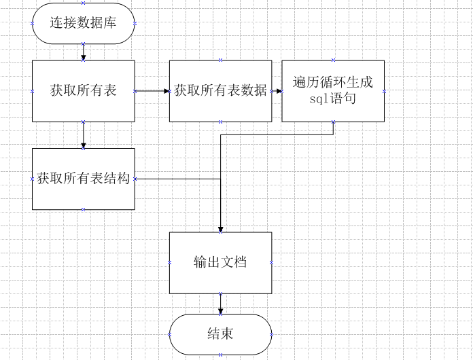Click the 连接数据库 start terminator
[83, 23]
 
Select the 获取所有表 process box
[83, 91]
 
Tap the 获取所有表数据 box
[220, 91]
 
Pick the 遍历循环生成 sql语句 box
[333, 91]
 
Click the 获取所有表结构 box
[83, 179]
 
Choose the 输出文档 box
[220, 263]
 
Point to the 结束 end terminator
[220, 334]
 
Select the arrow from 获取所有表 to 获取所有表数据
[152, 90]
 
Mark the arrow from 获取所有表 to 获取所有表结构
[83, 135]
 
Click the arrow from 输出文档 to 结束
[220, 304]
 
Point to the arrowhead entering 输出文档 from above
[220, 229]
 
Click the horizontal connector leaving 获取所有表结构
[177, 179]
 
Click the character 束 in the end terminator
[228, 334]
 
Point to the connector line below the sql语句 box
[333, 128]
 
